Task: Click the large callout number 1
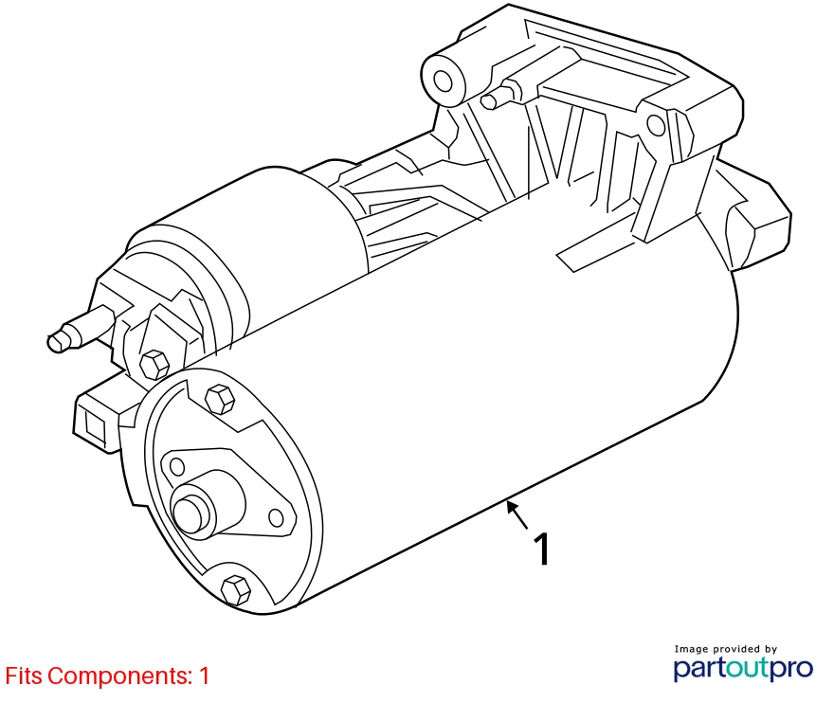coord(542,550)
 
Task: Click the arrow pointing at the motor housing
coord(517,514)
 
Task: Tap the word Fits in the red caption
coord(24,676)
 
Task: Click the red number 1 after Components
coord(203,676)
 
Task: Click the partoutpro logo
coord(743,669)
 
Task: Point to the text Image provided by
coord(725,649)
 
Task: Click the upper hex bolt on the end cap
coord(219,399)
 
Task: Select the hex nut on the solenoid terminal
coord(153,364)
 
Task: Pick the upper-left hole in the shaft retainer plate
coord(176,465)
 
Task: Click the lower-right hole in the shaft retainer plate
coord(276,517)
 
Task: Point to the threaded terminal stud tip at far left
coord(60,340)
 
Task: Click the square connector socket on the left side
coord(94,420)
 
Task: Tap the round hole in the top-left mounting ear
coord(443,80)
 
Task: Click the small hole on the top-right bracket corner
coord(656,125)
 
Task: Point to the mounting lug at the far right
coord(758,223)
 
